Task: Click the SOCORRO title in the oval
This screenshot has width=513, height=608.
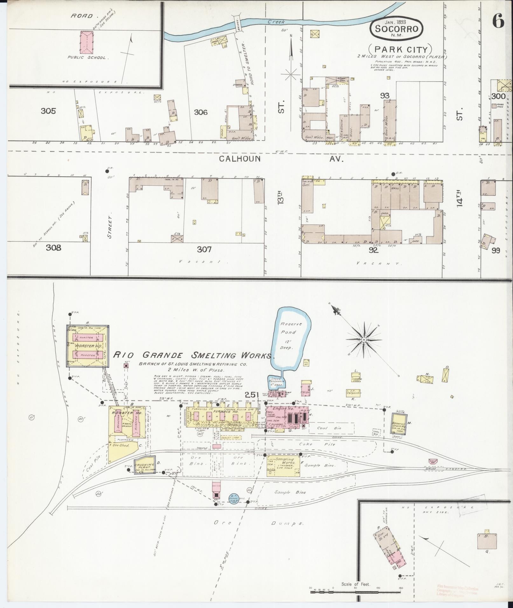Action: click(396, 29)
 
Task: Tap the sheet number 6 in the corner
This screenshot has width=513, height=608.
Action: click(498, 22)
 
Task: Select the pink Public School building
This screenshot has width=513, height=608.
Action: click(87, 42)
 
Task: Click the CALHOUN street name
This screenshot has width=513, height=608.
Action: click(240, 159)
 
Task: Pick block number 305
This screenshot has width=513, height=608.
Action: click(48, 111)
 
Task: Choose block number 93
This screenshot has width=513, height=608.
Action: click(385, 95)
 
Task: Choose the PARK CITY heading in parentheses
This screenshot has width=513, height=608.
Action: click(400, 49)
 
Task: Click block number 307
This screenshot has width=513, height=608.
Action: click(204, 249)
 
